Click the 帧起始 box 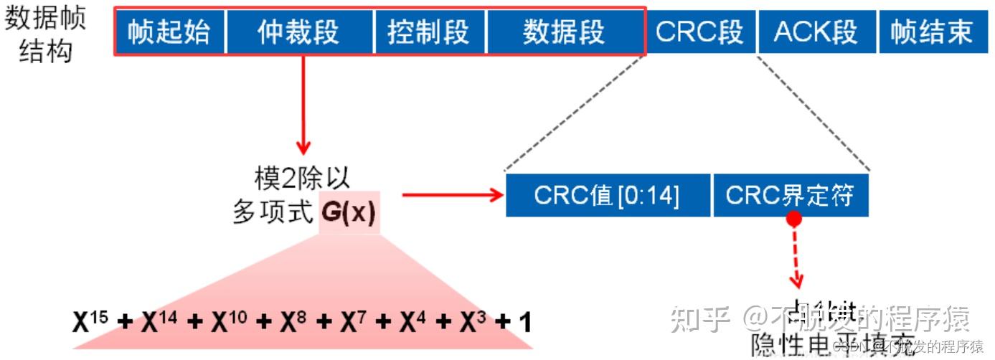tap(169, 32)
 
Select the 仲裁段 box tap(299, 32)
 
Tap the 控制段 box tap(429, 32)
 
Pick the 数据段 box tap(564, 32)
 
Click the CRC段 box tap(699, 32)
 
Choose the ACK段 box tap(816, 32)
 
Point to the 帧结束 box tap(932, 32)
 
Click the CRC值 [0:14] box tap(607, 195)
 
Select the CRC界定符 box tap(790, 195)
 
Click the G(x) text tap(349, 214)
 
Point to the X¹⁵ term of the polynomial tap(90, 322)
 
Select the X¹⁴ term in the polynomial tap(159, 322)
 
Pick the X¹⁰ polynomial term tap(230, 322)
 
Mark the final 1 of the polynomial tap(524, 323)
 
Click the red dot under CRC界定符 tap(793, 218)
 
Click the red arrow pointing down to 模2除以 tap(303, 108)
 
